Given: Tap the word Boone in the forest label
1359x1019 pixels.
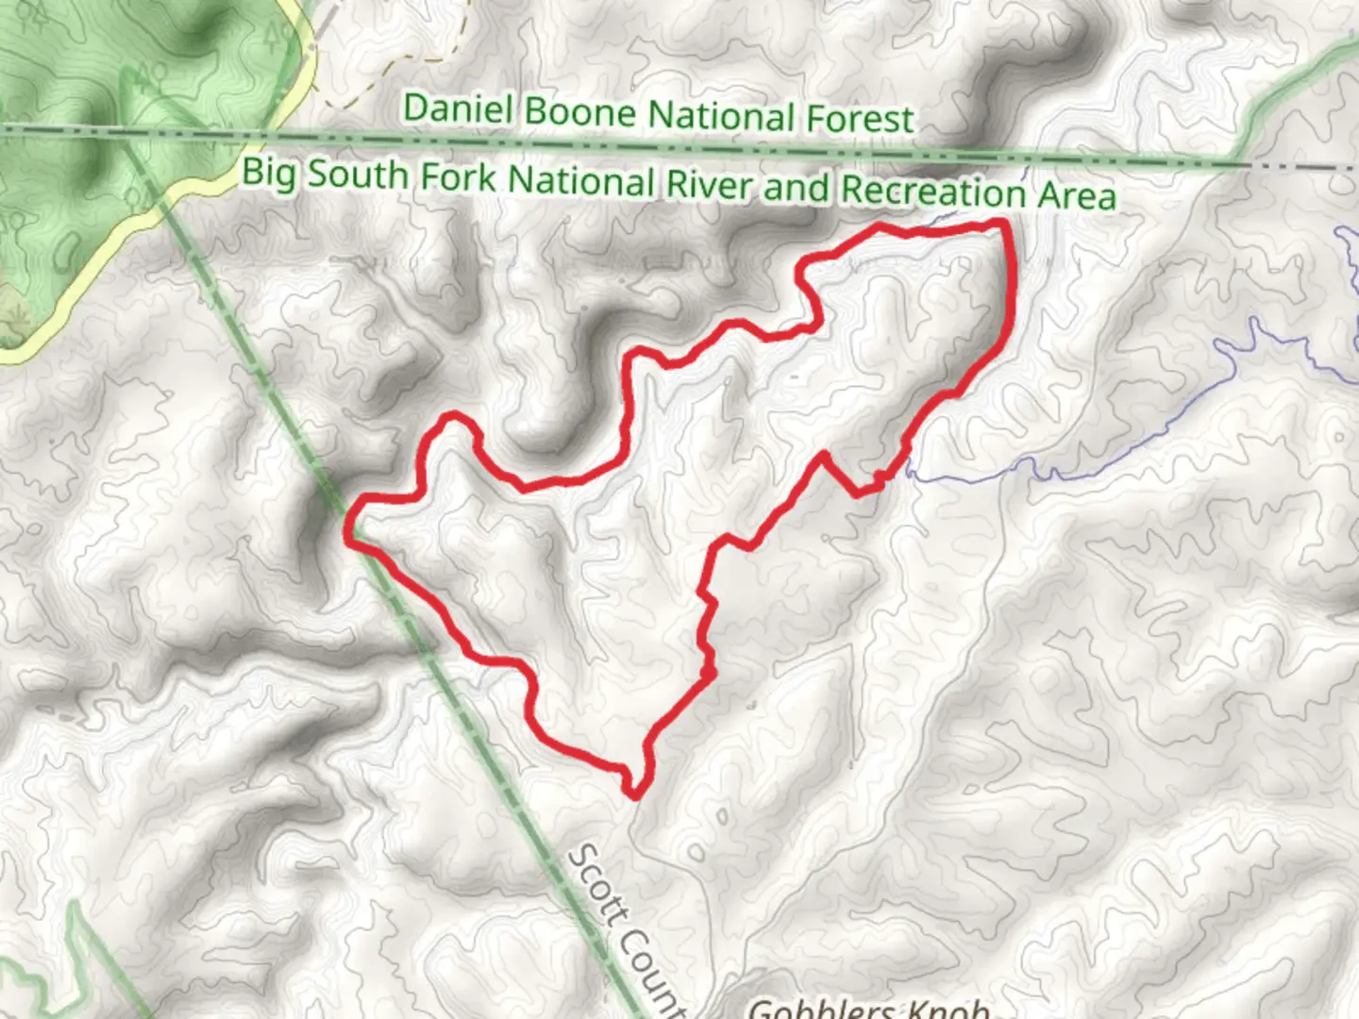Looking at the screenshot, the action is [x=579, y=112].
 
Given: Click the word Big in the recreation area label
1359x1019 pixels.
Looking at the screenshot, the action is [x=269, y=173].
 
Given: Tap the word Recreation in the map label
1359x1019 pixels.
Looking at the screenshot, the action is [x=931, y=191].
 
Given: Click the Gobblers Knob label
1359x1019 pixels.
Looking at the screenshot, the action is [x=868, y=1008].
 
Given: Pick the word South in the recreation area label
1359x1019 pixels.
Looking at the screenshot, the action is [x=360, y=175].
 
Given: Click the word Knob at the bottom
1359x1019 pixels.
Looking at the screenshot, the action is [x=953, y=1009].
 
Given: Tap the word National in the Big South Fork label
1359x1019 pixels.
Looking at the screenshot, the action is [x=582, y=181].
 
